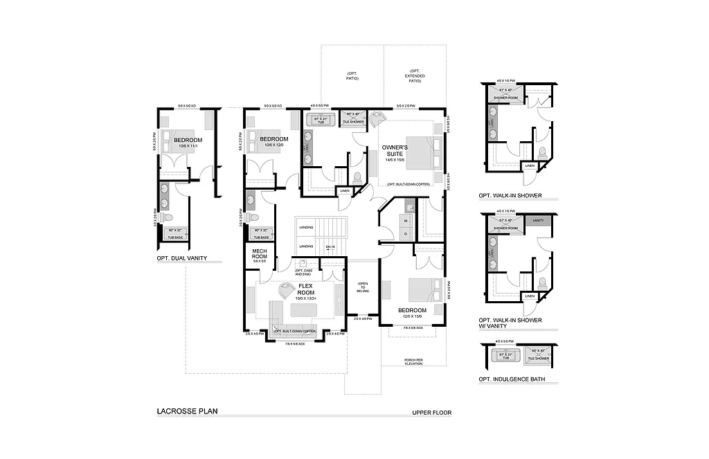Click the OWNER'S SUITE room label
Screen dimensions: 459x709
click(x=395, y=150)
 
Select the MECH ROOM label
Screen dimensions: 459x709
click(x=260, y=254)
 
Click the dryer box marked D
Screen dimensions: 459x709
click(x=406, y=234)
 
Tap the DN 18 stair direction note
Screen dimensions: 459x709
click(x=330, y=246)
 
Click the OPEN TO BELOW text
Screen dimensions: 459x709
click(x=362, y=288)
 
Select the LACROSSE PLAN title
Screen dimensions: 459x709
click(x=187, y=411)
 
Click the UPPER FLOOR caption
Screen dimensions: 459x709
click(x=431, y=413)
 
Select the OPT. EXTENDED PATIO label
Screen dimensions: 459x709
click(x=416, y=76)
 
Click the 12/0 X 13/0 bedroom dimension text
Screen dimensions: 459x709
click(x=413, y=316)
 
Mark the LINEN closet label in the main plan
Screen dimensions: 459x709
click(x=344, y=190)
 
